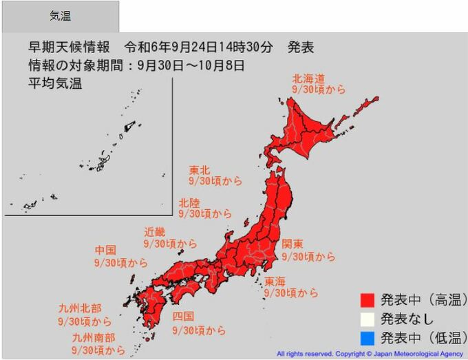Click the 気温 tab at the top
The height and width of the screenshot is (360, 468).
(x=60, y=17)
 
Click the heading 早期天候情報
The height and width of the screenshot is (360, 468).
(x=70, y=48)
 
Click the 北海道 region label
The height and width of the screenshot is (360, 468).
(x=308, y=78)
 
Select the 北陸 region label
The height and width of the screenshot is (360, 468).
(x=190, y=202)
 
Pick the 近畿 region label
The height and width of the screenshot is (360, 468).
(x=155, y=232)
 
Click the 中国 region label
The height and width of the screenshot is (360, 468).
(x=105, y=250)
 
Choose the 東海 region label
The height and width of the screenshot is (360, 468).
(x=275, y=281)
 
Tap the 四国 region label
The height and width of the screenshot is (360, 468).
(x=183, y=317)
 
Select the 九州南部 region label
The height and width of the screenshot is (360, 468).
(x=94, y=338)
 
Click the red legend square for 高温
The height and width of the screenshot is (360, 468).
(x=367, y=300)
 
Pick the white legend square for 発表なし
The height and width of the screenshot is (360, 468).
(x=367, y=319)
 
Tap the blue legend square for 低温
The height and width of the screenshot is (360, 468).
(x=367, y=337)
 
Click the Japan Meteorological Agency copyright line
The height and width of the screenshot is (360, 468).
(x=370, y=354)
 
